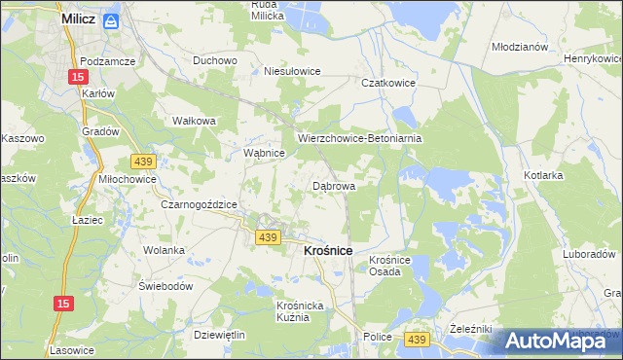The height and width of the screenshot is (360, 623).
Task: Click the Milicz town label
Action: coord(78,18)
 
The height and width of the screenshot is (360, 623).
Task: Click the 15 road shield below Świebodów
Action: coord(62,305)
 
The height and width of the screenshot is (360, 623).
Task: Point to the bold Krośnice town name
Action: coord(322,250)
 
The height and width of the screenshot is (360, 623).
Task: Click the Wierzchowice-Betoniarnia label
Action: coord(360,138)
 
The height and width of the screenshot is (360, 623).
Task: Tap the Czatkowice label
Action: coord(388,84)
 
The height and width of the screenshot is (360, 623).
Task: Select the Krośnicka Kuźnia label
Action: coord(292,311)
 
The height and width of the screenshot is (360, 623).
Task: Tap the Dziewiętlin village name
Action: coord(220,335)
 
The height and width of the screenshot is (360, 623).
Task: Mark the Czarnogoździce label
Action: coord(200,204)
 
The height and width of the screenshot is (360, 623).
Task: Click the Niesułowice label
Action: coord(293,71)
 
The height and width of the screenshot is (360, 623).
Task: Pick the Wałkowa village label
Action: coord(193,121)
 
